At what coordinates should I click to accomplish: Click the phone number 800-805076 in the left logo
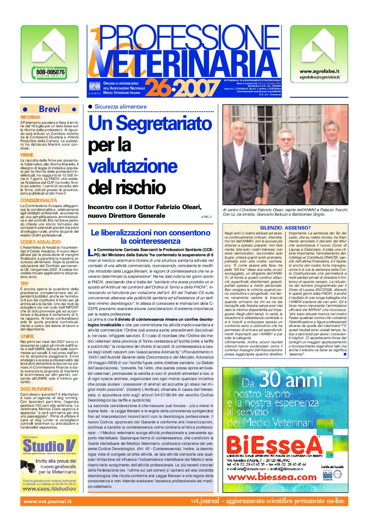click(x=50, y=72)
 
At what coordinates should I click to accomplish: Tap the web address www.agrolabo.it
click(x=319, y=71)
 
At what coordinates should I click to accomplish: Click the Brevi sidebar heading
click(x=49, y=109)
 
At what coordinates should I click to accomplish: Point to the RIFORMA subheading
click(x=31, y=118)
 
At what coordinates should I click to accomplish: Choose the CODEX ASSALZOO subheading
click(x=41, y=242)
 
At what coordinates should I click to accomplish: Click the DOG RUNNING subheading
click(x=37, y=389)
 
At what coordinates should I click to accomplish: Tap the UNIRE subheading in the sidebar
click(x=27, y=336)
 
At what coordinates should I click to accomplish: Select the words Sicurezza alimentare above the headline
click(x=120, y=107)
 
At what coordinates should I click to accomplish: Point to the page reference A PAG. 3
click(x=206, y=217)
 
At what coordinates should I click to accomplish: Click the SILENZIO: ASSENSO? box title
click(x=285, y=227)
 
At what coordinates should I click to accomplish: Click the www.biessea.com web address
click(x=272, y=477)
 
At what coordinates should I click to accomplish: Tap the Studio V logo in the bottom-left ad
click(x=49, y=446)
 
